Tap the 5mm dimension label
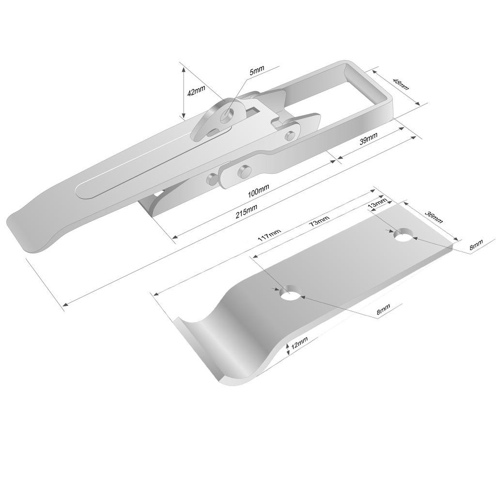pyautogui.click(x=257, y=71)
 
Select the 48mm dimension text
pyautogui.click(x=401, y=83)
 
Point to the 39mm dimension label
pyautogui.click(x=368, y=139)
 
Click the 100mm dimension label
pyautogui.click(x=258, y=191)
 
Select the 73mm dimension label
pyautogui.click(x=319, y=221)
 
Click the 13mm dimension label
pyautogui.click(x=378, y=203)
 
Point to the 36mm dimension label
pyautogui.click(x=433, y=217)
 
